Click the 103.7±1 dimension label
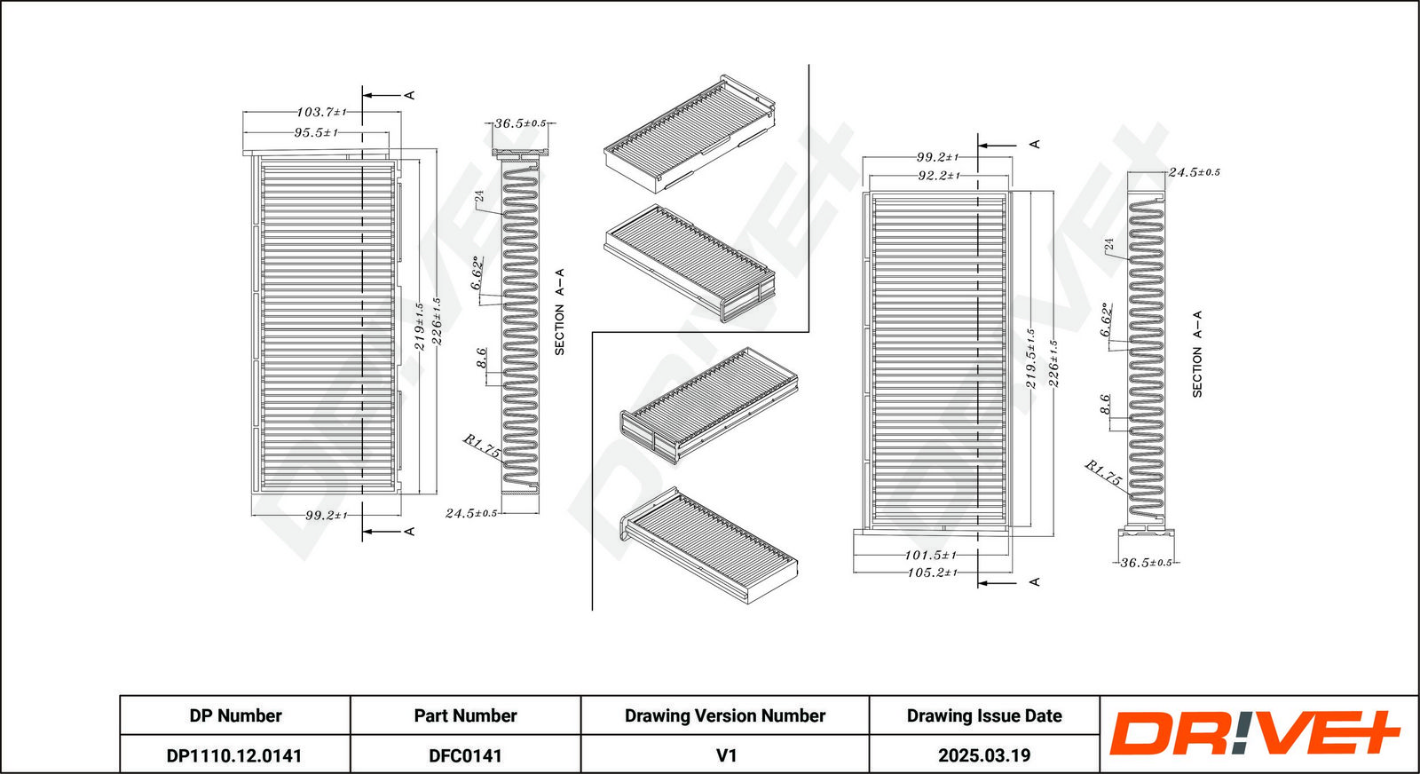(x=321, y=113)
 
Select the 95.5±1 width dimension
(x=316, y=133)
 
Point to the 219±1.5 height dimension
(x=419, y=327)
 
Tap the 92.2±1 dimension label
(x=938, y=176)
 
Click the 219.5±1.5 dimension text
(x=1030, y=359)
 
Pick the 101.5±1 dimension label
(x=930, y=555)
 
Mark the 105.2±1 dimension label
(x=932, y=573)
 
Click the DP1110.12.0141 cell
(x=234, y=755)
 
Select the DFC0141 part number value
(x=465, y=755)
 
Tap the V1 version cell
(x=726, y=755)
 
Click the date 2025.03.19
(x=984, y=755)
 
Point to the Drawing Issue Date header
(x=984, y=715)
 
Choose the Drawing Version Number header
(x=725, y=715)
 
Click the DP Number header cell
(x=235, y=715)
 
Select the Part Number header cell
(x=465, y=715)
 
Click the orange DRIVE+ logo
(x=1254, y=733)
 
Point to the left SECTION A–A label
(x=559, y=312)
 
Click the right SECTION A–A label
(x=1196, y=353)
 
